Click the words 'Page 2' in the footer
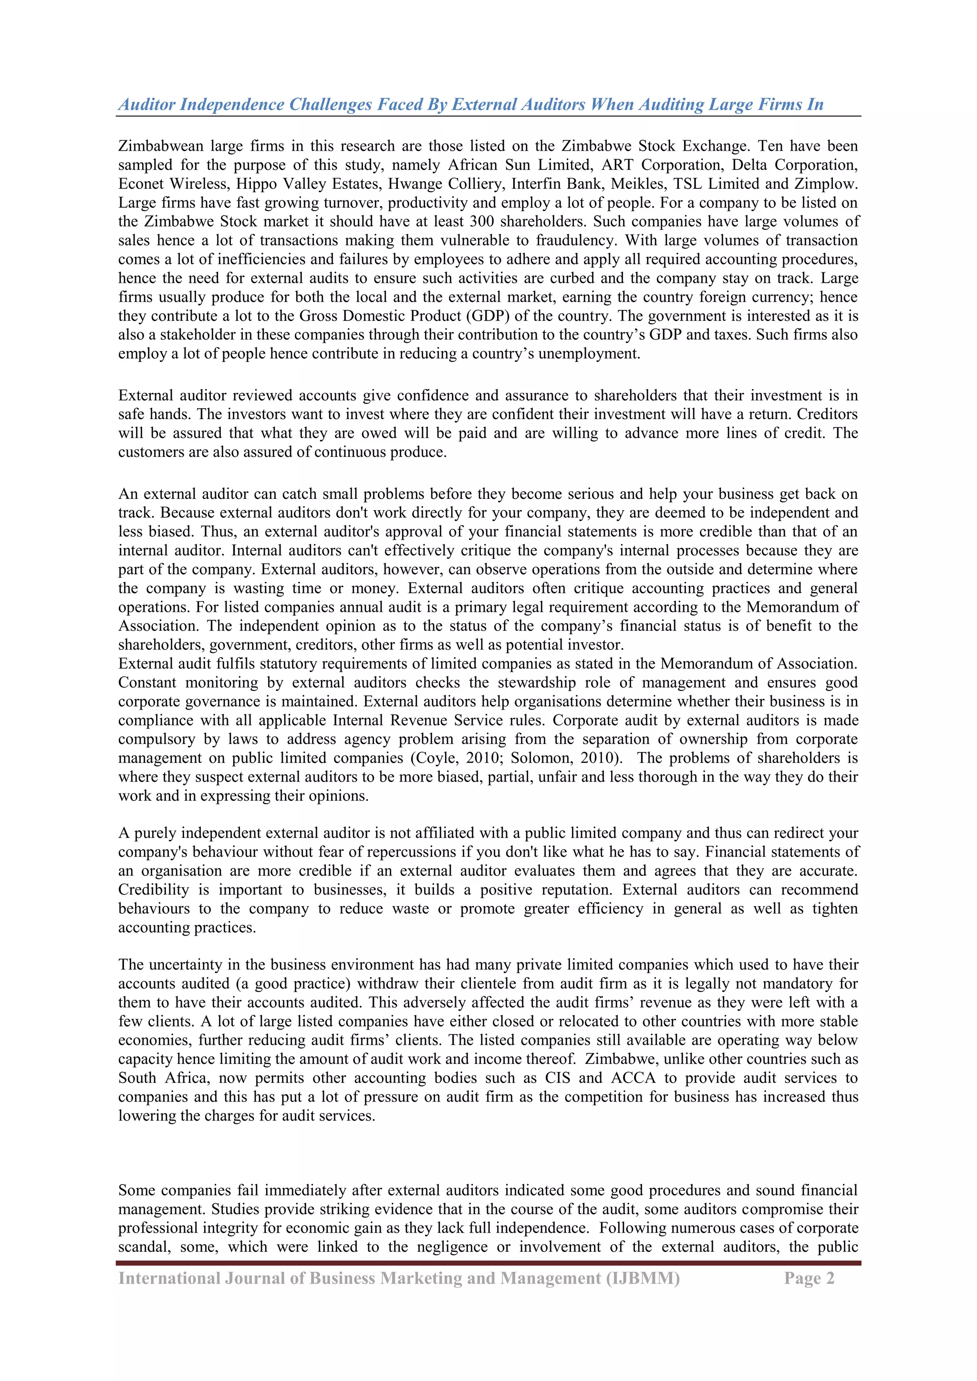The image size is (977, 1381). coord(809,1278)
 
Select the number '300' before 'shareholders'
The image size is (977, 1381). coord(481,221)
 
